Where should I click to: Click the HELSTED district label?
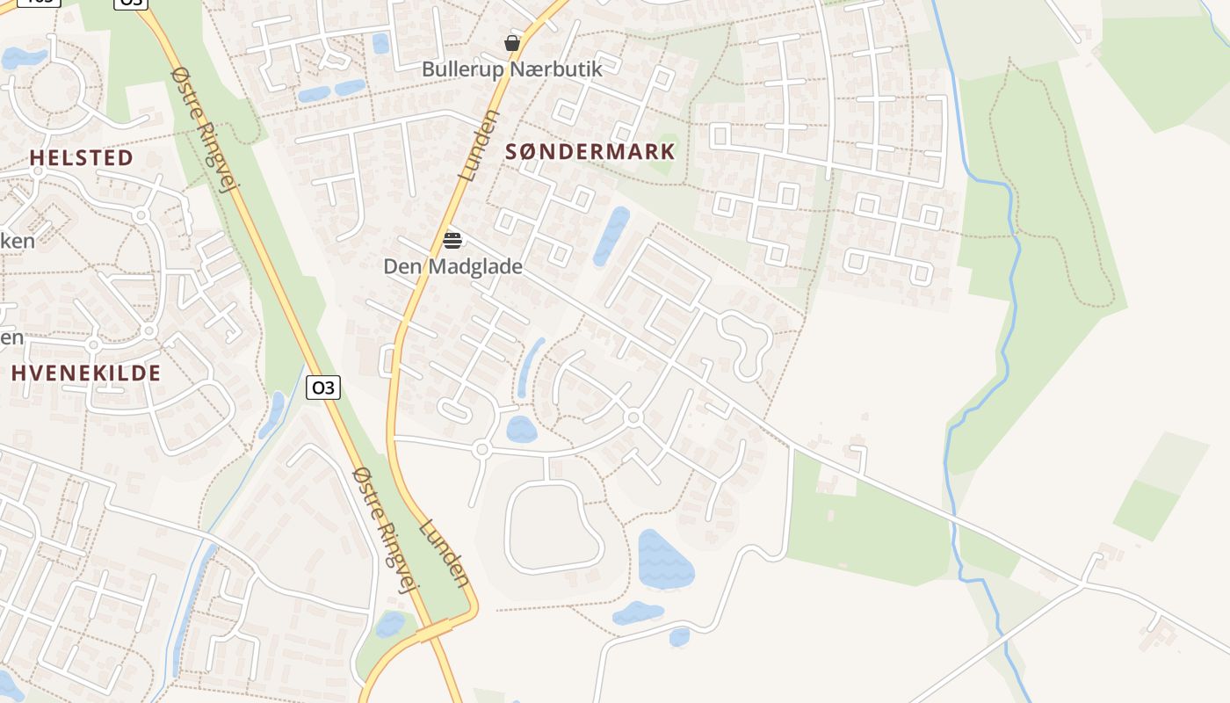click(82, 158)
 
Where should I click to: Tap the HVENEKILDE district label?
click(86, 373)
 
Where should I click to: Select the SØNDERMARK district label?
click(590, 151)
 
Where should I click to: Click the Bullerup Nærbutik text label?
click(512, 69)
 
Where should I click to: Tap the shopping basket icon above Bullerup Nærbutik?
click(512, 43)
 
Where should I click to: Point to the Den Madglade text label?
click(452, 266)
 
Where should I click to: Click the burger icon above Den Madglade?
click(452, 240)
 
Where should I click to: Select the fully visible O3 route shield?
click(323, 388)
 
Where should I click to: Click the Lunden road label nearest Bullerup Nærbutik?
click(479, 145)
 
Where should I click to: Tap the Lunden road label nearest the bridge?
click(445, 554)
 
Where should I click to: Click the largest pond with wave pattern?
click(664, 559)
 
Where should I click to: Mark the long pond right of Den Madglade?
click(611, 236)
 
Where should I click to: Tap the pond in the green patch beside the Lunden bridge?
click(389, 625)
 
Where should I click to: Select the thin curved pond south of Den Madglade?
click(529, 367)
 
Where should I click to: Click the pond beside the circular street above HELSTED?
click(23, 59)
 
